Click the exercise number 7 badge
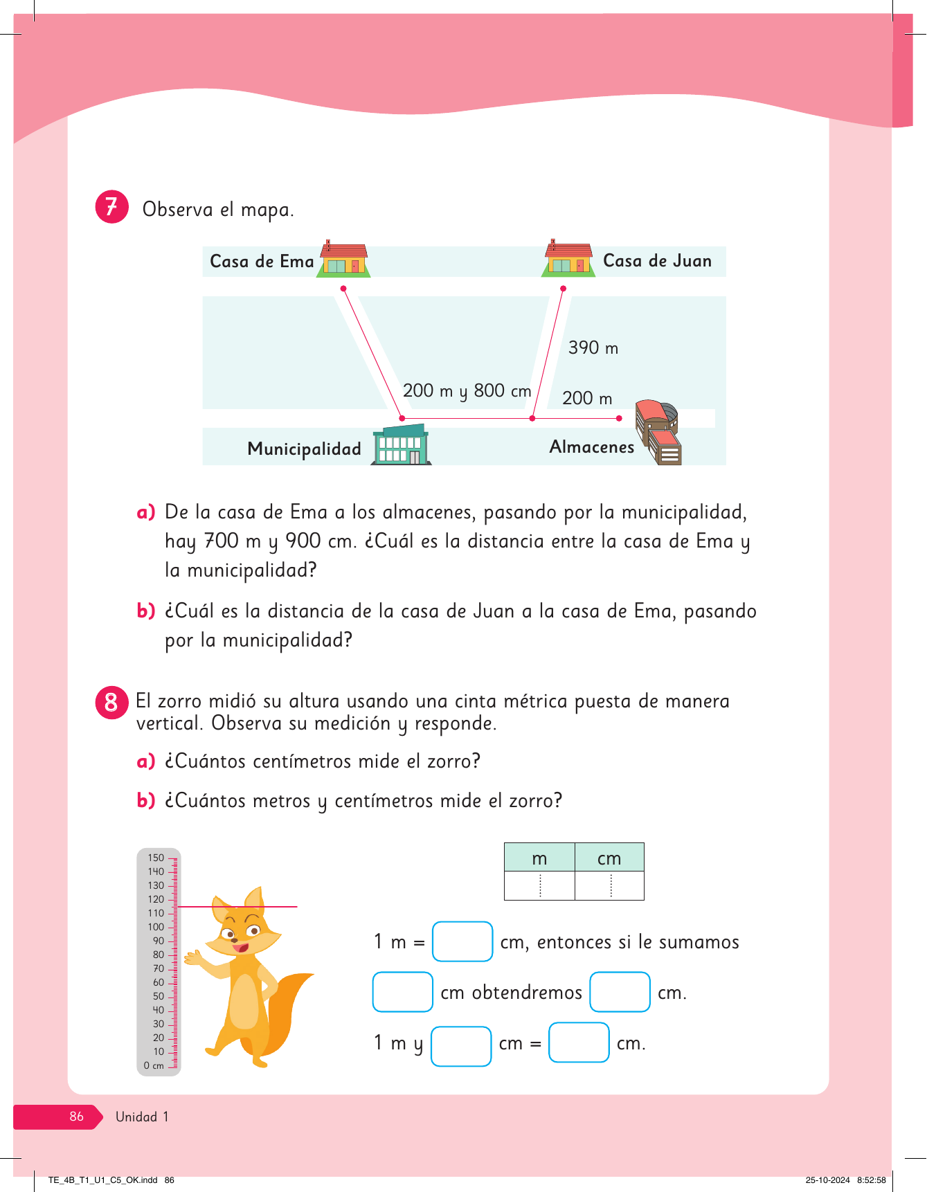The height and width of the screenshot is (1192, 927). tap(111, 207)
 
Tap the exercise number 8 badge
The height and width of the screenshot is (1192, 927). tap(111, 703)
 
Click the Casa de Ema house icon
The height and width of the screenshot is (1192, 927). tap(343, 260)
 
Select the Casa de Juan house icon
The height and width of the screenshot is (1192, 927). tap(568, 260)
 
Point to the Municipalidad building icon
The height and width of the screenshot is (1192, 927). tap(402, 445)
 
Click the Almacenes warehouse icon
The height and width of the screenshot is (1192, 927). tap(659, 432)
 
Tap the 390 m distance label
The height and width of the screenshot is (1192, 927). tap(593, 347)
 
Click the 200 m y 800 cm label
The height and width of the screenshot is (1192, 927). tap(467, 391)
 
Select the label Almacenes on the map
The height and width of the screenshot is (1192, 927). tap(591, 447)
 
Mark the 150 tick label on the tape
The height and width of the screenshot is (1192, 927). tap(156, 858)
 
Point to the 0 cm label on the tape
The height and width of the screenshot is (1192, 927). tap(154, 1066)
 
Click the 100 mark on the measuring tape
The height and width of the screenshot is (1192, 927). tap(156, 927)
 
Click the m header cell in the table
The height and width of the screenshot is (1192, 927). tap(539, 858)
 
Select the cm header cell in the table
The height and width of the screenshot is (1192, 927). tap(609, 858)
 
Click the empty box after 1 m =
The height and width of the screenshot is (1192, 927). tap(462, 941)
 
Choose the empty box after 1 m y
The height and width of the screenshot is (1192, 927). tap(461, 1045)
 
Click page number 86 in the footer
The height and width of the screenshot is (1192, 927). tap(76, 1117)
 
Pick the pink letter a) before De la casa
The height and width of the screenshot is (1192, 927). tap(145, 512)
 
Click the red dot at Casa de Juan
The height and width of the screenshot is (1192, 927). tap(564, 288)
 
